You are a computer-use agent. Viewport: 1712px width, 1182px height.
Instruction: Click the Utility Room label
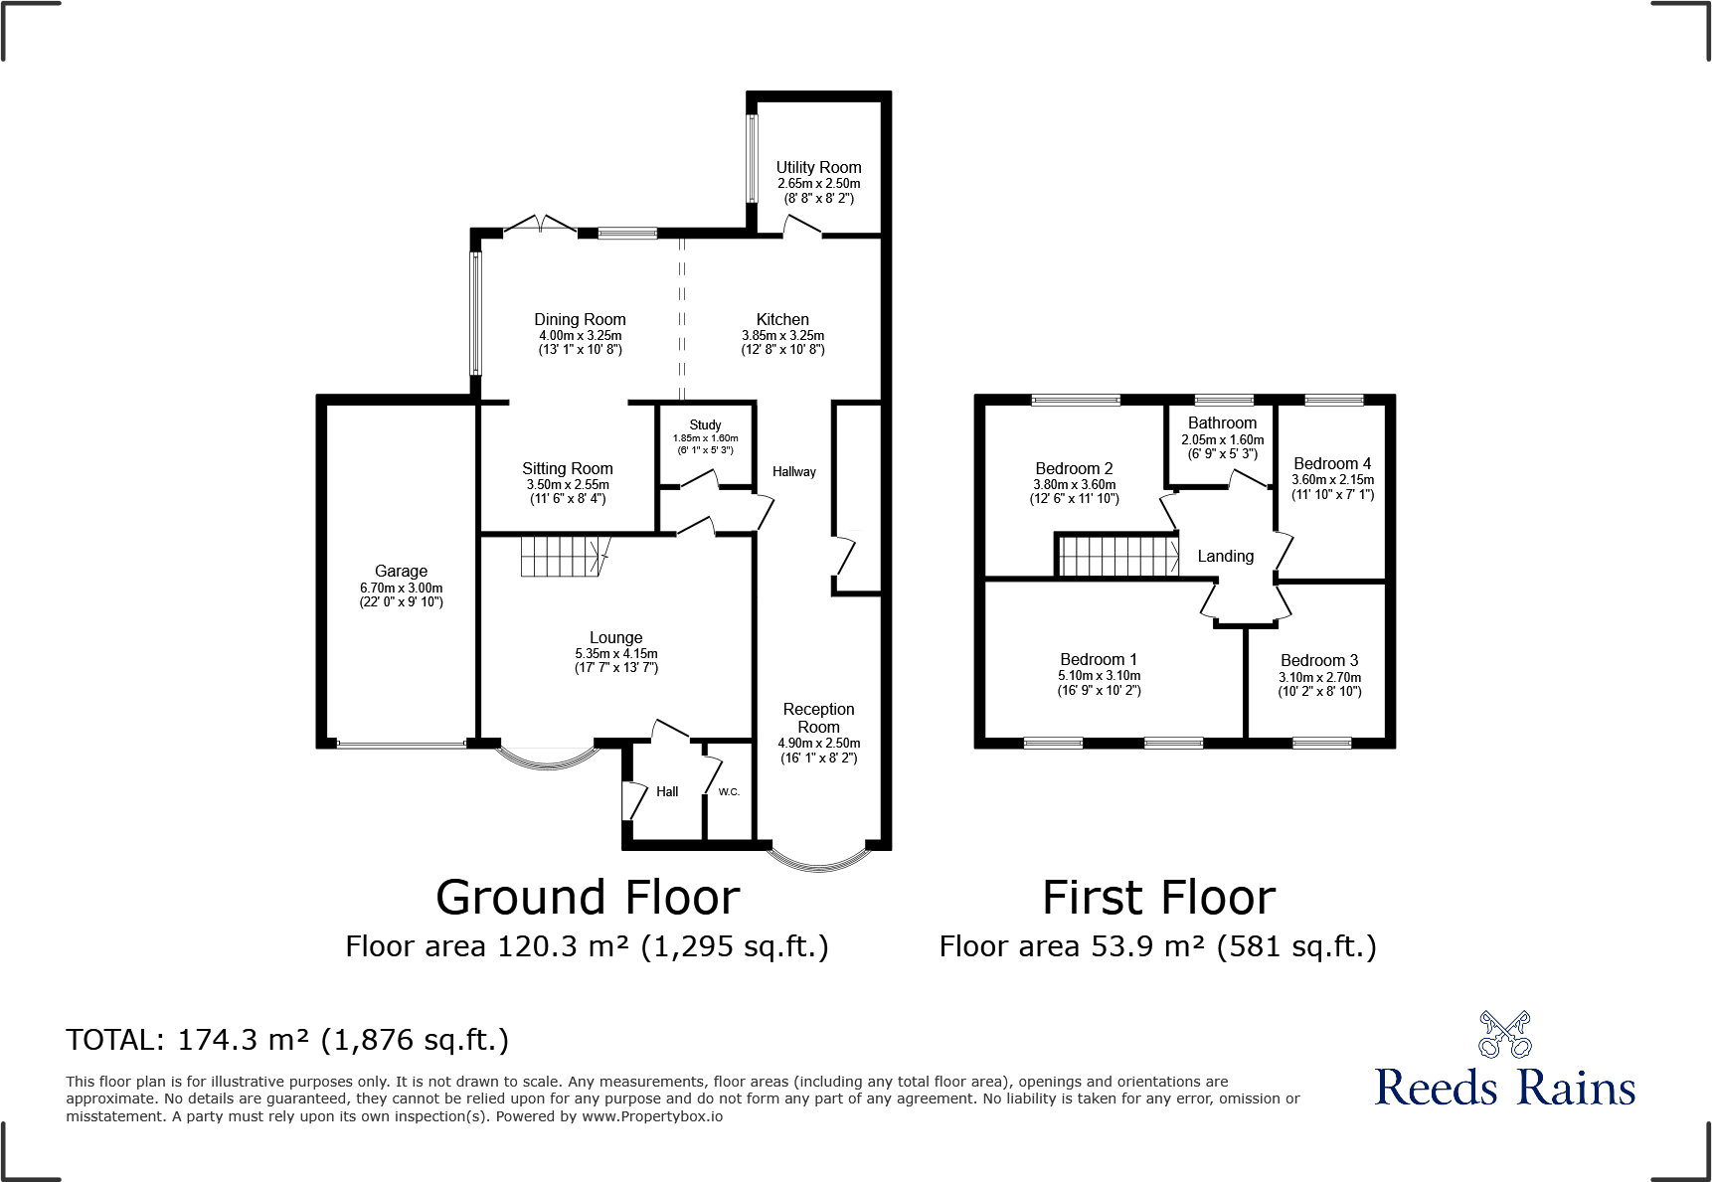[818, 168]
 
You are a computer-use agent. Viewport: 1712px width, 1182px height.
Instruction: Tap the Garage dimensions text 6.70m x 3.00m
[401, 588]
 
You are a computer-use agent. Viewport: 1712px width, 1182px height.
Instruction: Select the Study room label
[705, 424]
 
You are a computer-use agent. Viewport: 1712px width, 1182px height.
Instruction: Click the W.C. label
[729, 792]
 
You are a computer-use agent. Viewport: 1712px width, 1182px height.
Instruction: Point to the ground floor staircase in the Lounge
[563, 556]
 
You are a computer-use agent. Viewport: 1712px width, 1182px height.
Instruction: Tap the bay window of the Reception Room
[819, 861]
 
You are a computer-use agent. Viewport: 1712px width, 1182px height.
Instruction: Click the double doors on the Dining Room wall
[540, 225]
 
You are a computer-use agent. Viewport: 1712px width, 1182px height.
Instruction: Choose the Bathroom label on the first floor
[1222, 422]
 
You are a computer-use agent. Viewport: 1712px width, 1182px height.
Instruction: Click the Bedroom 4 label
[1332, 463]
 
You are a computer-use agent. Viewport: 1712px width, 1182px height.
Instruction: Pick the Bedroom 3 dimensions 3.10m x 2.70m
[1319, 677]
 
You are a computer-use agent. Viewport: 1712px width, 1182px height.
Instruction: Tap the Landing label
[1225, 557]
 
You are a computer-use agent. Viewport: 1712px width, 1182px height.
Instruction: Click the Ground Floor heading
[588, 898]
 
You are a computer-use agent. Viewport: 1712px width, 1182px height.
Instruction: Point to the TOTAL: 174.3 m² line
[287, 1040]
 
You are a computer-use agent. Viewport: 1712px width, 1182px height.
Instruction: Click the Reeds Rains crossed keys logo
[1504, 1034]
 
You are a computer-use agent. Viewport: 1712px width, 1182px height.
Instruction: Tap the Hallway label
[793, 471]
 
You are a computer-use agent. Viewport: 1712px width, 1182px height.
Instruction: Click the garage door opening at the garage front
[401, 744]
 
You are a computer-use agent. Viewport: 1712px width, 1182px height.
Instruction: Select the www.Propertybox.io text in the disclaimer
[652, 1116]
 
